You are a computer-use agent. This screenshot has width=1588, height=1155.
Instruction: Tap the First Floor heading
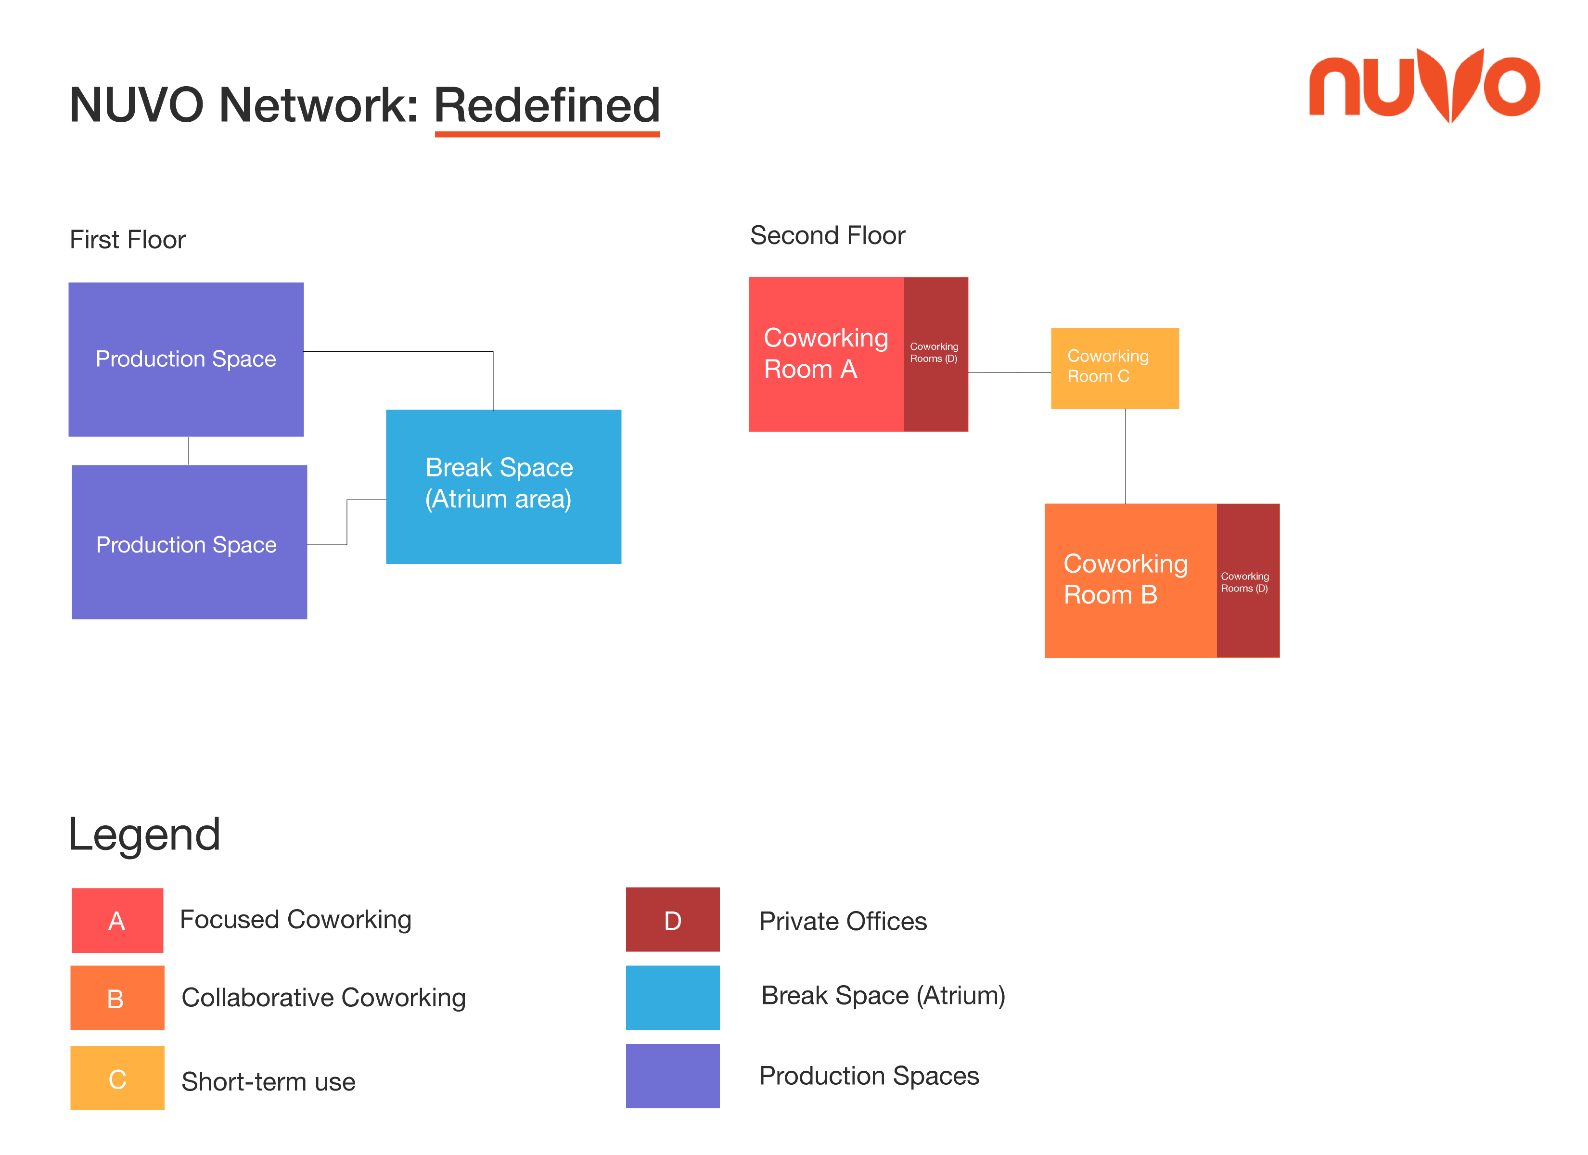coord(128,240)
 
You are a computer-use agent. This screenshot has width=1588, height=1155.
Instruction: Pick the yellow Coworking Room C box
coord(1114,369)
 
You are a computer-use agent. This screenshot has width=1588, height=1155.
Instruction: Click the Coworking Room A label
coord(825,353)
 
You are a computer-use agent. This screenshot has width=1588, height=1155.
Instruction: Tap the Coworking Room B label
coord(1125,578)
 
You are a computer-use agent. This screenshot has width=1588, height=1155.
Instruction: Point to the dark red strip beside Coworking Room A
coord(935,354)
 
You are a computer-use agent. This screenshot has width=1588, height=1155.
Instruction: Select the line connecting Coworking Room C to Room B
coord(1125,456)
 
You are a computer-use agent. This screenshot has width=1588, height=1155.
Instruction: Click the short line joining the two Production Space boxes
coord(188,450)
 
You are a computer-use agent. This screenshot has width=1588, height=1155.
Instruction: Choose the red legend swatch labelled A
coord(117,920)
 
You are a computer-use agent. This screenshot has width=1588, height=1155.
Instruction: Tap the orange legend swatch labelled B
coord(117,998)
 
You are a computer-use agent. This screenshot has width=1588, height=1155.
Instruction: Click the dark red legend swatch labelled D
coord(672,919)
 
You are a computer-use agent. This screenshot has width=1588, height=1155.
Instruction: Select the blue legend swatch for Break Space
coord(672,998)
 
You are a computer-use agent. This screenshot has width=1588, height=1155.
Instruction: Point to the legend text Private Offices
coord(843,921)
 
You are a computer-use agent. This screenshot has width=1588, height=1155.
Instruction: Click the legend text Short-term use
coord(268,1081)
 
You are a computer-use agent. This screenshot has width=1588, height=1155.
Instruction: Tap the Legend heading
coord(144,835)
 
